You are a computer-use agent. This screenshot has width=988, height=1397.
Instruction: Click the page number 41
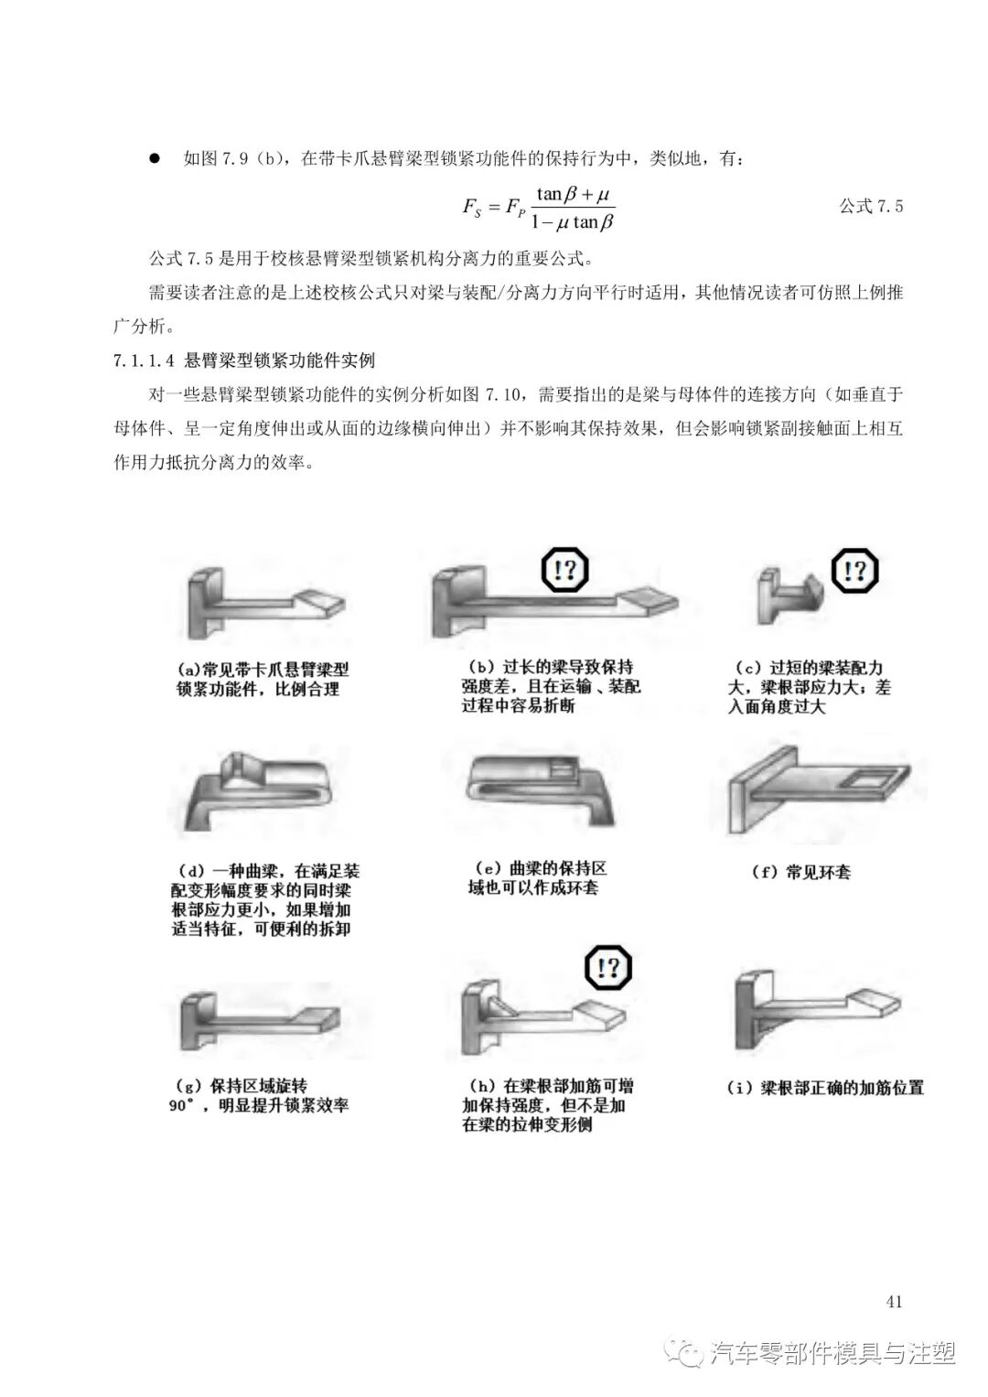tap(895, 1302)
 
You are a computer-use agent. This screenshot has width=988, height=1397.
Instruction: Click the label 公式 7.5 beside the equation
tap(870, 206)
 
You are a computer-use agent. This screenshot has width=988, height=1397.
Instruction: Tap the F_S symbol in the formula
tap(471, 207)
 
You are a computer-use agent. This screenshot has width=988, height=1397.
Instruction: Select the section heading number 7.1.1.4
tap(145, 360)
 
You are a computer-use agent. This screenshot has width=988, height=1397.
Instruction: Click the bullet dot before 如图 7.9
tap(155, 158)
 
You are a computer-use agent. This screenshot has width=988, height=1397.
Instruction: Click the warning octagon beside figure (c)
tap(854, 572)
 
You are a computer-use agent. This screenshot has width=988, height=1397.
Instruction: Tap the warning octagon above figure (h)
tap(608, 968)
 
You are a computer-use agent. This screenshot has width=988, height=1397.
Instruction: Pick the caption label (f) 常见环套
tap(800, 872)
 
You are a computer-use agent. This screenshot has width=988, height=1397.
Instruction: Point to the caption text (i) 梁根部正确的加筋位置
tap(824, 1088)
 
